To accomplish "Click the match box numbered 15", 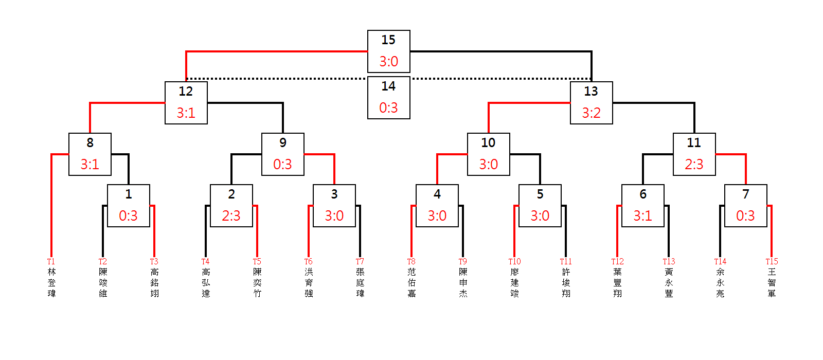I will pos(388,51).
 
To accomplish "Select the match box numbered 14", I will pos(388,97).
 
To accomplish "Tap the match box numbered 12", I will pos(186,102).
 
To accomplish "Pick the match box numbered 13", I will pos(591,102).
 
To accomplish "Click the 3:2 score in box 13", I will pos(591,113).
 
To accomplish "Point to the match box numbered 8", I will pos(90,154).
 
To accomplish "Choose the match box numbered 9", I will pos(282,154).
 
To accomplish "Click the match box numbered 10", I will pos(488,154).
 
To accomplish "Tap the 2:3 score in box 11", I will pos(694,165).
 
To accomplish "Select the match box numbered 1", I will pos(128,205).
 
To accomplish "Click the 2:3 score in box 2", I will pos(231,216).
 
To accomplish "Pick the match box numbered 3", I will pos(334,205).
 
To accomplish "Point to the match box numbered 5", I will pos(540,205).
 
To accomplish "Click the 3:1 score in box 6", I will pos(642,216).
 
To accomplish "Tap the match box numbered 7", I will pos(745,205).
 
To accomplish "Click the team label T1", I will pos(51,262).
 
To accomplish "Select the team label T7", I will pos(360,262).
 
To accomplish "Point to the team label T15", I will pos(772,262).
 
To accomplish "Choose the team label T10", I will pos(514,262).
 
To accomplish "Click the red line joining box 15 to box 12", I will pos(278,51).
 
